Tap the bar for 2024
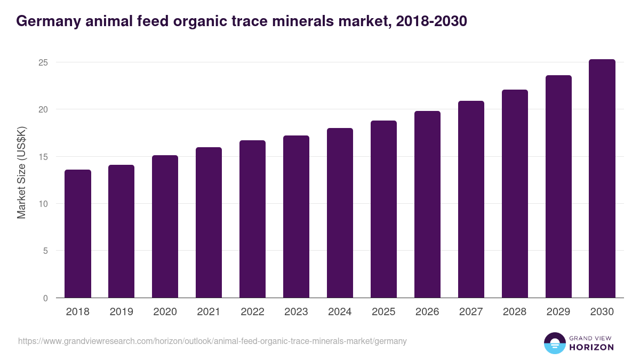[340, 213]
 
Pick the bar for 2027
[471, 199]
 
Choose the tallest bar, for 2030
[602, 179]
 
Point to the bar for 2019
[122, 231]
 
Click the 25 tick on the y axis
[43, 62]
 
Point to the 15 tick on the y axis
[43, 157]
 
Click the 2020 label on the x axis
[165, 312]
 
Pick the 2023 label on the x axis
[296, 312]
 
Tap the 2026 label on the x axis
[427, 312]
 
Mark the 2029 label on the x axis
[558, 312]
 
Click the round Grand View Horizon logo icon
[555, 343]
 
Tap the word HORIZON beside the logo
[591, 347]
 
